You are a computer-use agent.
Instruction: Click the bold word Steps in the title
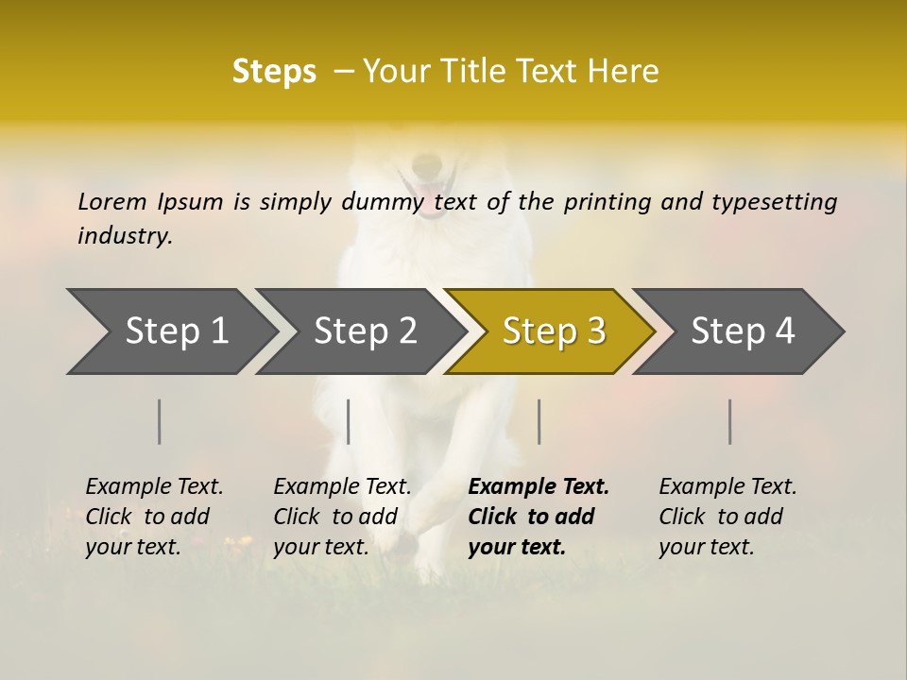(274, 72)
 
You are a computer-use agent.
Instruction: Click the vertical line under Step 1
(160, 421)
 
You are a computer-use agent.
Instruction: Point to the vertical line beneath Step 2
(349, 421)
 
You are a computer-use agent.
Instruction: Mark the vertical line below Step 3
(539, 421)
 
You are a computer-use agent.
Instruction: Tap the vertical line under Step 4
(730, 421)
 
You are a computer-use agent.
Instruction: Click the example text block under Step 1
(154, 517)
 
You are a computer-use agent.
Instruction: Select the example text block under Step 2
(342, 517)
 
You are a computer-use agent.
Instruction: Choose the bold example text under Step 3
(538, 517)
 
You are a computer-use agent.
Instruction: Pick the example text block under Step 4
(727, 517)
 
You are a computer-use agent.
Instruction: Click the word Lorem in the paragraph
(112, 202)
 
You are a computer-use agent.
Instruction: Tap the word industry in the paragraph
(125, 236)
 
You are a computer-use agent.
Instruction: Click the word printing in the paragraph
(608, 202)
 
